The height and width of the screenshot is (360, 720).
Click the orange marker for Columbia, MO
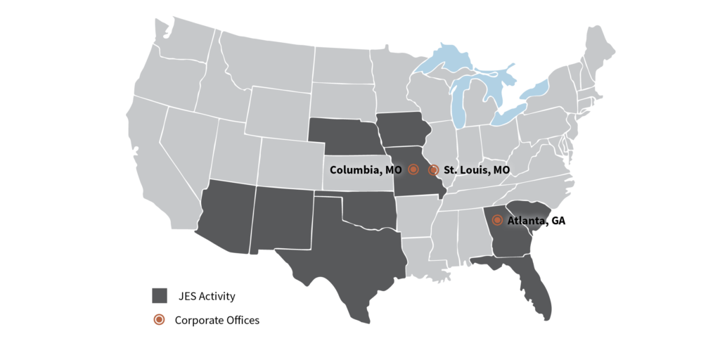tap(413, 169)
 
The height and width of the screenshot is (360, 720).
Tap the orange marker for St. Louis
tap(434, 170)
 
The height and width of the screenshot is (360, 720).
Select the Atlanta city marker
tap(497, 220)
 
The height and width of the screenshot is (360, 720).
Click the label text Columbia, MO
tap(366, 170)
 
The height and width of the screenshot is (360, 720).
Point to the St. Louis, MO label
tap(477, 170)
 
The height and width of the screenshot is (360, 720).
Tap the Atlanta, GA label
tap(536, 221)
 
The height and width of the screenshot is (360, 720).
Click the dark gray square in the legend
tap(160, 295)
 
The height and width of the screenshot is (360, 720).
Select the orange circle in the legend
tap(160, 319)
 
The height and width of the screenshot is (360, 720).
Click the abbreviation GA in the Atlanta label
tap(558, 221)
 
